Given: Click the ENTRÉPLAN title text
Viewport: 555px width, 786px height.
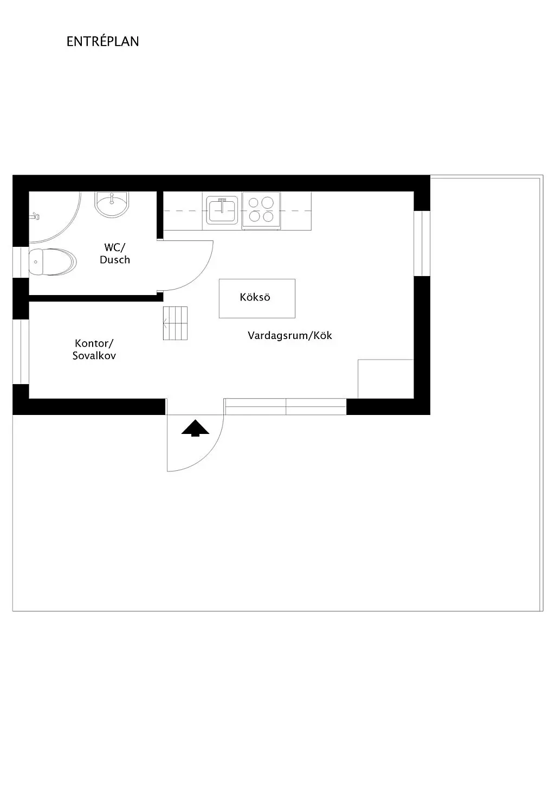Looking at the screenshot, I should pos(102,42).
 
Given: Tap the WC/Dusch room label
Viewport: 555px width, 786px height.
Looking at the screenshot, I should pos(115,253).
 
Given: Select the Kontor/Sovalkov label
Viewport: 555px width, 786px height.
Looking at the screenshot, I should pos(94,349).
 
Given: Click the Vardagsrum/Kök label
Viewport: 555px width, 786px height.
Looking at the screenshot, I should pos(289,335).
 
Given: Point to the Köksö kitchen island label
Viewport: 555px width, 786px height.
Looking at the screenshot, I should pos(255,297).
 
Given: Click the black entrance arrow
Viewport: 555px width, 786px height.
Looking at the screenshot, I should pos(195,428).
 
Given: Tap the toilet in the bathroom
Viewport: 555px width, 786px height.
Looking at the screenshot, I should pos(51,263).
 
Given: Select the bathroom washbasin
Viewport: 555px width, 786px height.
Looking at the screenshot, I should pos(112,204).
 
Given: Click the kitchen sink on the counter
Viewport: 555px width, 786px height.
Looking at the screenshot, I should pos(221,210).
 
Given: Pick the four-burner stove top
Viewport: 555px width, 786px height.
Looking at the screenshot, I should pos(261,210).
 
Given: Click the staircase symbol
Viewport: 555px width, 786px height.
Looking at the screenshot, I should pos(175,323).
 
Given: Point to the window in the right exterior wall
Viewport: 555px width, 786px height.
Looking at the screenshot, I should pos(422,243).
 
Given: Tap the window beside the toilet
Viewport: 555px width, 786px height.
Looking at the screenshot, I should pos(21,261).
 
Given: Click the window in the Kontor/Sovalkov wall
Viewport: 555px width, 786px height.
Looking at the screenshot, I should pos(21,351).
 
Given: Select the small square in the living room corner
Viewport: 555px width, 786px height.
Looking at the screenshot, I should pos(385,379).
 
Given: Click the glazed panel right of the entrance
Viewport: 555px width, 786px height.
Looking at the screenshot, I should pos(285,406).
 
